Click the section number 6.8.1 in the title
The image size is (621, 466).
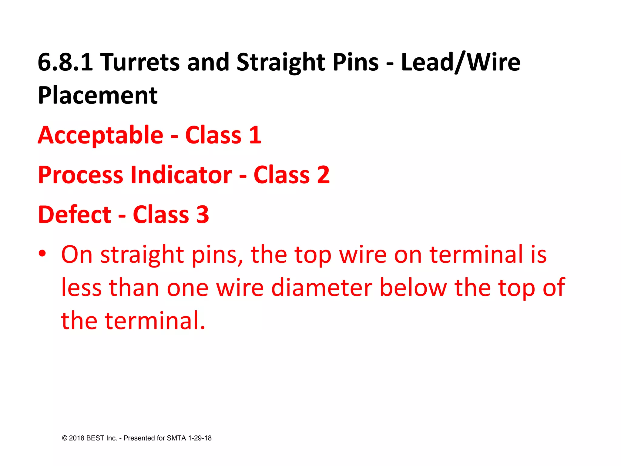(65, 62)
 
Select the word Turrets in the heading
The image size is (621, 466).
(140, 62)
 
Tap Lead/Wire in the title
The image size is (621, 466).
(461, 62)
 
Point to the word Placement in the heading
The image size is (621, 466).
(98, 96)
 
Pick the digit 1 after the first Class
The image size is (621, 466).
(255, 135)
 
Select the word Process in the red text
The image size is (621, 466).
(80, 175)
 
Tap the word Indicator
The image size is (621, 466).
(181, 175)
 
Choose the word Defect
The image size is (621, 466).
(75, 215)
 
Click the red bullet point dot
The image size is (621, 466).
(42, 253)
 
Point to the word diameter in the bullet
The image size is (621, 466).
(322, 288)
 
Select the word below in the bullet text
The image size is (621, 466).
(413, 288)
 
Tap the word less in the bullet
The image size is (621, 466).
(81, 288)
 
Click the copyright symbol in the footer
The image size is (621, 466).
(65, 438)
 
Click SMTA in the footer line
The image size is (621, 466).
(176, 438)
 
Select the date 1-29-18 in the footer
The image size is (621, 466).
(200, 438)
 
